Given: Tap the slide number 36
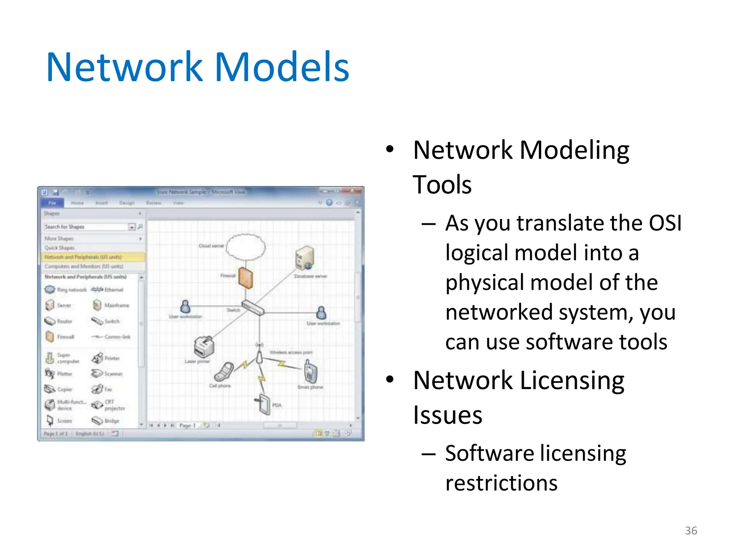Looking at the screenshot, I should click(691, 531).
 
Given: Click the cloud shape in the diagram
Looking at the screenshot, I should click(246, 247).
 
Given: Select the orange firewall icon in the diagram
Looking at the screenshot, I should click(246, 278).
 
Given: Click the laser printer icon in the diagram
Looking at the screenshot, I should click(204, 346).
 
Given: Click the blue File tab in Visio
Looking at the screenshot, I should click(53, 203).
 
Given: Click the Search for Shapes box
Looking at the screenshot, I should click(86, 227).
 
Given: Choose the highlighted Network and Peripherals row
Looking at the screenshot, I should click(93, 257).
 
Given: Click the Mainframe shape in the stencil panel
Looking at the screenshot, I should click(111, 305).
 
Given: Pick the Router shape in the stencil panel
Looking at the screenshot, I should click(59, 321).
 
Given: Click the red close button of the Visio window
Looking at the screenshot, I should click(357, 191).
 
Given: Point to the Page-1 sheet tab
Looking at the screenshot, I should click(187, 425).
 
